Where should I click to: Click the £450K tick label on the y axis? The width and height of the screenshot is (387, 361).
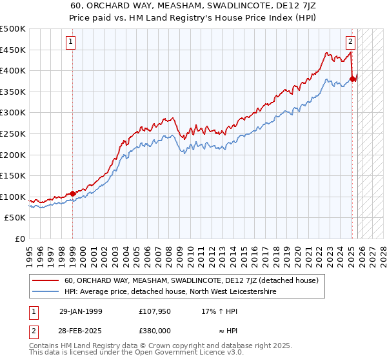coord(13,50)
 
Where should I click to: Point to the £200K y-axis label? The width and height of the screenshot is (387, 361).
coord(13,155)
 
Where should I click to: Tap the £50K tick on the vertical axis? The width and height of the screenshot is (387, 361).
coord(15,218)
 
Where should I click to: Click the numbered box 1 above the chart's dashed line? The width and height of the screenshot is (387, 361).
coord(70,43)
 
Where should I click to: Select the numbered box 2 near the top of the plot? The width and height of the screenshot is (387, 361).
coord(350,43)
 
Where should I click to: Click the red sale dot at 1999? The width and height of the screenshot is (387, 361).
coord(72,193)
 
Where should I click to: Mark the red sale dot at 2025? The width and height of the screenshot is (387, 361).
coord(352,79)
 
